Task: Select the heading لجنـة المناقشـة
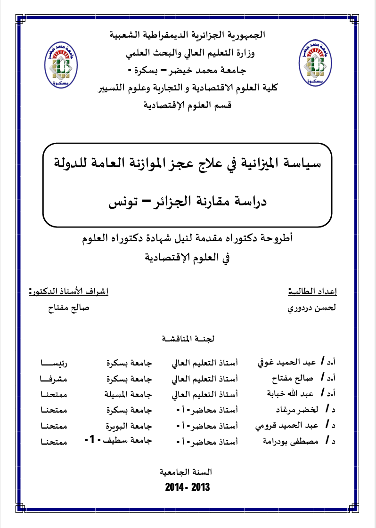click(x=188, y=338)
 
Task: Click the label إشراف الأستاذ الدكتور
click(x=68, y=292)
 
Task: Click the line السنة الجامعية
click(x=188, y=471)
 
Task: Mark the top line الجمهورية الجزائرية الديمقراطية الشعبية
click(x=188, y=35)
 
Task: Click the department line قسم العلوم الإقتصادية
click(x=188, y=106)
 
